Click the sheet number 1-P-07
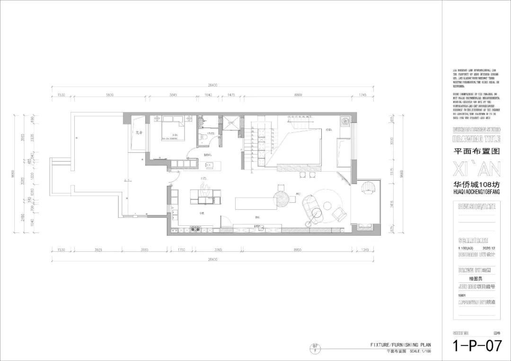pyautogui.click(x=477, y=346)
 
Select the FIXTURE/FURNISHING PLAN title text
pyautogui.click(x=401, y=345)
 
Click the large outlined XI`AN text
pyautogui.click(x=476, y=168)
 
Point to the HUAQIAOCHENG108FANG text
pyautogui.click(x=476, y=192)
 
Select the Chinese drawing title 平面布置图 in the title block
pyautogui.click(x=476, y=152)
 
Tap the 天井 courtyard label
pyautogui.click(x=139, y=133)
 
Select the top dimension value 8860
pyautogui.click(x=298, y=95)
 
